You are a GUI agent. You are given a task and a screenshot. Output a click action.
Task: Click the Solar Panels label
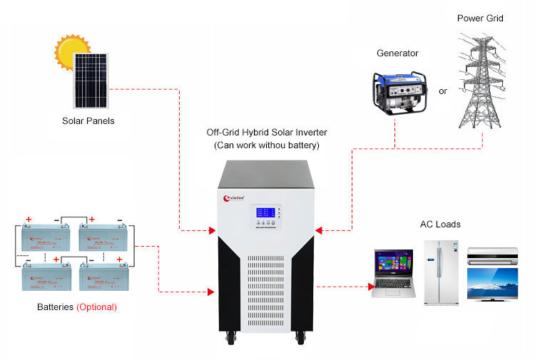(x=88, y=120)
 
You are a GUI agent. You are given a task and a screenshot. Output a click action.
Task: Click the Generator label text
(x=397, y=53)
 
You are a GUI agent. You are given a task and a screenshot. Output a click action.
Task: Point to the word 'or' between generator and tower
(x=443, y=91)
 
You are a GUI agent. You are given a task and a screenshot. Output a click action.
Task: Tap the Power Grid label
(x=480, y=18)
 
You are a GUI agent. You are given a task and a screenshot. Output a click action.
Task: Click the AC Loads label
(x=440, y=225)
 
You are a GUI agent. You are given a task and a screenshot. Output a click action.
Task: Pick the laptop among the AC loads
(x=393, y=273)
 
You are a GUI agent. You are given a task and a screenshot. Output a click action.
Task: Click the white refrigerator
(x=439, y=272)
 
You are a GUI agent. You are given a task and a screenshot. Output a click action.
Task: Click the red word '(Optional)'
(x=96, y=307)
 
